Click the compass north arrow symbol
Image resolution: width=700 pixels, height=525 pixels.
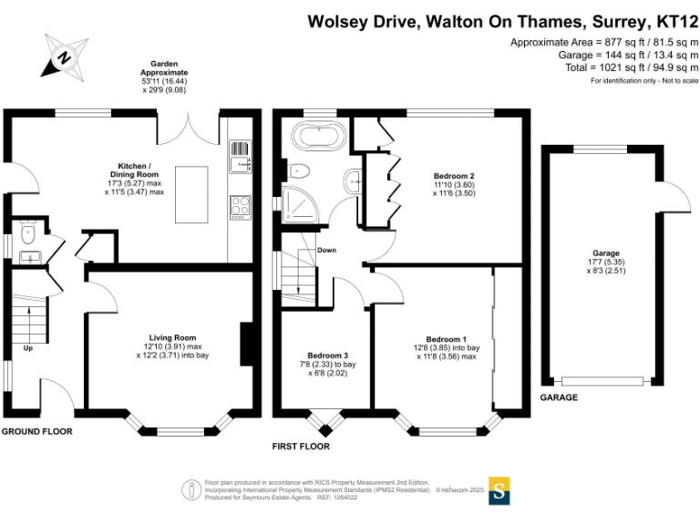click(x=64, y=57)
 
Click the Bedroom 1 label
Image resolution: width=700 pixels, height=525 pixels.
click(x=446, y=339)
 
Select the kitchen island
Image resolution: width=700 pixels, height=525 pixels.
click(x=192, y=192)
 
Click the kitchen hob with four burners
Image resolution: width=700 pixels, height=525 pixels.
click(x=240, y=207)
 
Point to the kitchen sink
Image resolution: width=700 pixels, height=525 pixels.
click(x=240, y=161)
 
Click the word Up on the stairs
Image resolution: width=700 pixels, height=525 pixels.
click(x=27, y=347)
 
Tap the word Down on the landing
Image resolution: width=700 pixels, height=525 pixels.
click(x=327, y=250)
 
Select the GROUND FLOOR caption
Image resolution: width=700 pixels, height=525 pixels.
click(x=36, y=431)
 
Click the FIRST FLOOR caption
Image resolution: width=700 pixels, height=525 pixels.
click(x=301, y=447)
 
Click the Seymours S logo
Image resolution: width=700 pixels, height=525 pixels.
click(x=499, y=489)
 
